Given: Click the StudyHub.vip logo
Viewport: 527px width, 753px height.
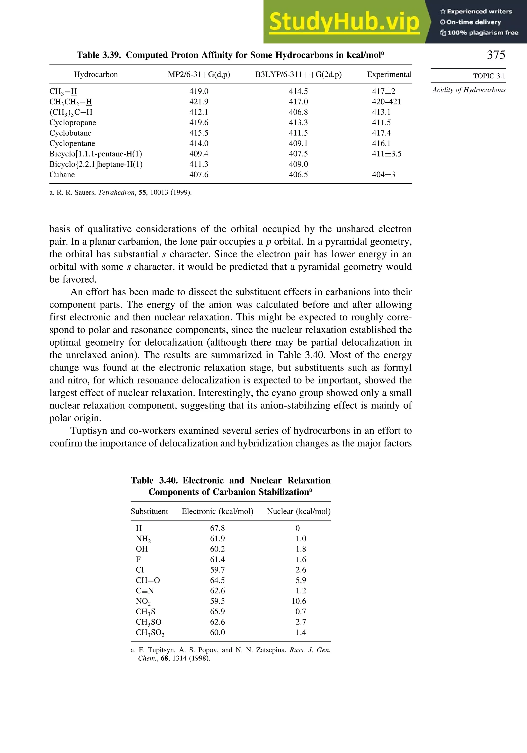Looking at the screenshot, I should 344,22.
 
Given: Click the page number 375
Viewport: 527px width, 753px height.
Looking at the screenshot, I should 496,55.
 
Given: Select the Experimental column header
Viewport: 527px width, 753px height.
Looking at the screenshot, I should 389,74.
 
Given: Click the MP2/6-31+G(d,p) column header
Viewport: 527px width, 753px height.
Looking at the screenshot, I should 199,74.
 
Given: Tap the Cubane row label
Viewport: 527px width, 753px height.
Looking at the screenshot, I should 62,174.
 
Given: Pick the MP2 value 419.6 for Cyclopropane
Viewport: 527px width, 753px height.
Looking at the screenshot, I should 199,122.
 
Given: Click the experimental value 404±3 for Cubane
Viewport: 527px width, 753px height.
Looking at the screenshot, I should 383,174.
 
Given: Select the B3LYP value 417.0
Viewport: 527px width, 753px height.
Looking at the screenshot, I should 298,102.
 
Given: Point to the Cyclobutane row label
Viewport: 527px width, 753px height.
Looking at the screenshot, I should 70,133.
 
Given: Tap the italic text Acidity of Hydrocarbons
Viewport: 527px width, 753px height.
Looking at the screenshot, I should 469,90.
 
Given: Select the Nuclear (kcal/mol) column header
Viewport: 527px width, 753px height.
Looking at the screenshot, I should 298,511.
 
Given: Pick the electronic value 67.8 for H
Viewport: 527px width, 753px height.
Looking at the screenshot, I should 217,528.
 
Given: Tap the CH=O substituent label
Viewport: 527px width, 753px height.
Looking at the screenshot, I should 147,580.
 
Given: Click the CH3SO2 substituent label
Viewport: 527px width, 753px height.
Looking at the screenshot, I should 150,632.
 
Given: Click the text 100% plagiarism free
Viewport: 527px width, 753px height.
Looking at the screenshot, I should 482,32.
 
